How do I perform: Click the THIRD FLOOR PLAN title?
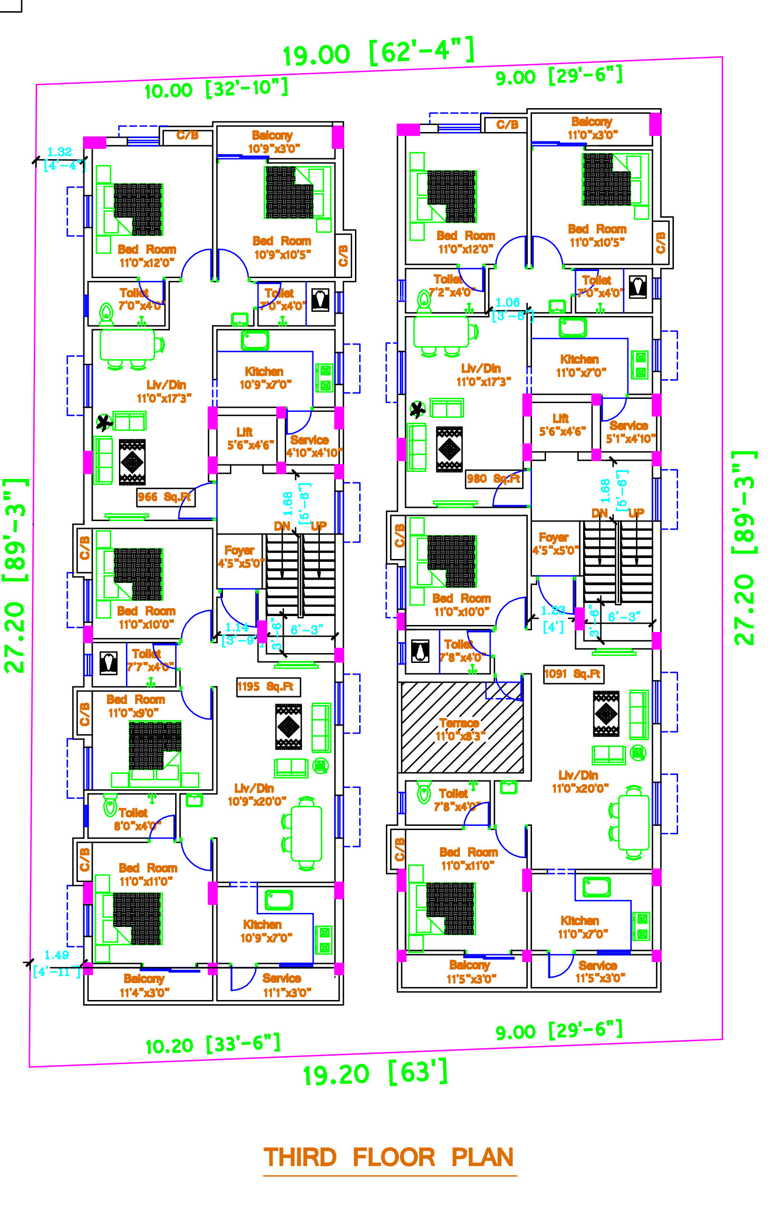389,1157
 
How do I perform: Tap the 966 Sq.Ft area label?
165,497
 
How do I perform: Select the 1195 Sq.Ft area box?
268,687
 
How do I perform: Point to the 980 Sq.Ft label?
493,478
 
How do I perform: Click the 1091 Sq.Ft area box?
573,674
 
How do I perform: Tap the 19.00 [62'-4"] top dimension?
378,52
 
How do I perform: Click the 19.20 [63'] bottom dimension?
375,1073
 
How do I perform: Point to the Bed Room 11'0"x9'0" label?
135,706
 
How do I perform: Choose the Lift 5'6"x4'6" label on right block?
561,425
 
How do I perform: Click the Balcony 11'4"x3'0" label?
144,985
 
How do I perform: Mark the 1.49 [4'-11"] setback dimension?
57,963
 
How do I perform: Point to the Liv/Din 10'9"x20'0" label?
256,794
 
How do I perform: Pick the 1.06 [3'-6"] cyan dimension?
511,309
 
